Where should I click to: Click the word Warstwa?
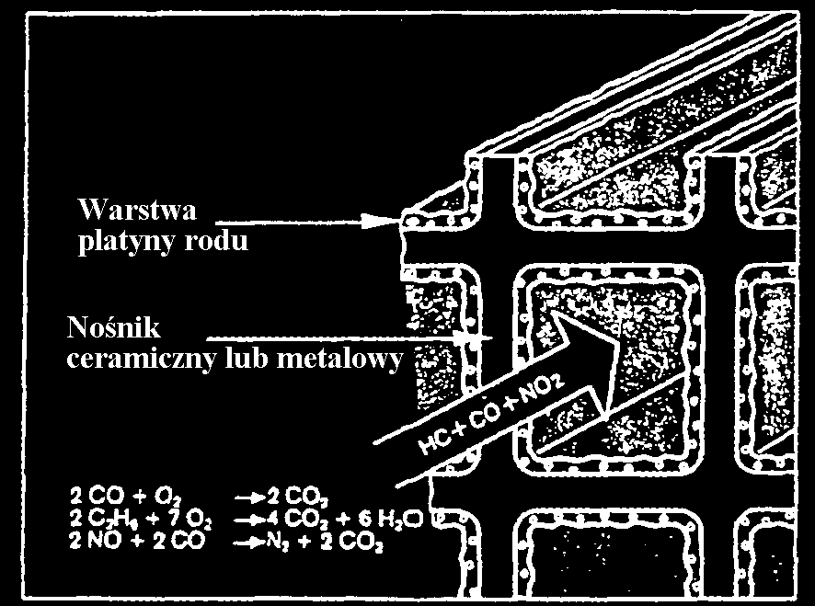click(137, 211)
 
